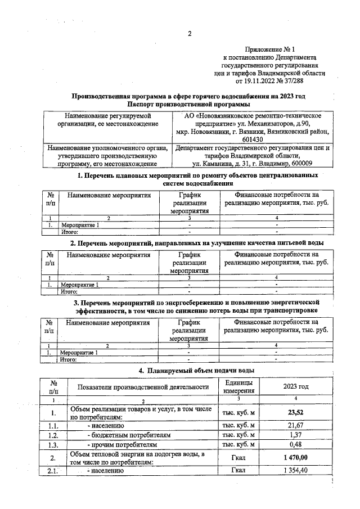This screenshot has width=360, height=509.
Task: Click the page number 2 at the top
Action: (190, 33)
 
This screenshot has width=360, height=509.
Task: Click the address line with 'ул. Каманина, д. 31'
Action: (252, 164)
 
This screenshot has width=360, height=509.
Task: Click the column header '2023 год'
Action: (295, 386)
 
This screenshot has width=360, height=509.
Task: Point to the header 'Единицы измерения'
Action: (239, 386)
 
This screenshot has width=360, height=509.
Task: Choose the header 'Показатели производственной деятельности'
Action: (143, 386)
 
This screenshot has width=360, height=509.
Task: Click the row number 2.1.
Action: (53, 471)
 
